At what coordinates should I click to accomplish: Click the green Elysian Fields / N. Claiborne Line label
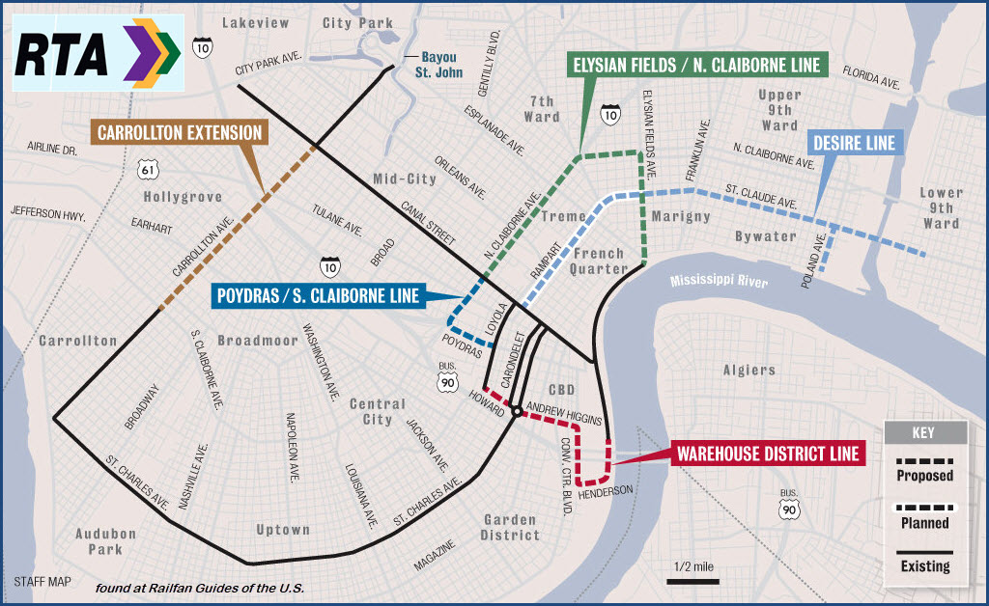pos(695,66)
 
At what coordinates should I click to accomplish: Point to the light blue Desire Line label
pos(853,144)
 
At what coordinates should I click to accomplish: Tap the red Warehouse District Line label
pos(766,453)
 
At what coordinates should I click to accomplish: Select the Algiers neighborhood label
pos(749,370)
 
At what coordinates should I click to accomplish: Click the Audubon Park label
pos(106,540)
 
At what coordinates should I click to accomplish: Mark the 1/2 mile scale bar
pos(691,581)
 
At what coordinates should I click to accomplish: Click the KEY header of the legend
pos(924,431)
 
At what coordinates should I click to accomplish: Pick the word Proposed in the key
pos(924,476)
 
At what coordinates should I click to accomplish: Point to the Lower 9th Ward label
pos(940,208)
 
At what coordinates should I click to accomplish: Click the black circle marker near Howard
pos(517,412)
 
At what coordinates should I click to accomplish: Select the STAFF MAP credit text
pos(42,582)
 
